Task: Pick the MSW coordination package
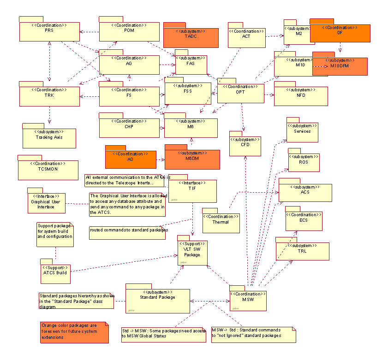[248, 300]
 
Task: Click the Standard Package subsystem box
[157, 301]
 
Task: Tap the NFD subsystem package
[301, 95]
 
